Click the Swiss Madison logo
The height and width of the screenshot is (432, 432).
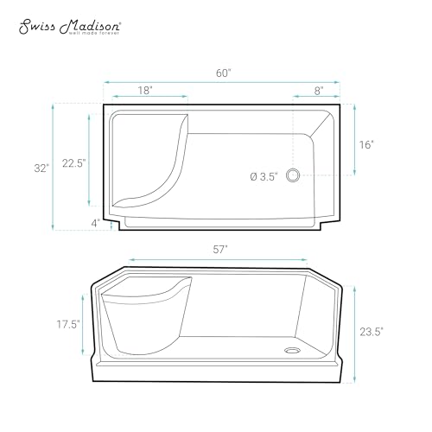click(70, 27)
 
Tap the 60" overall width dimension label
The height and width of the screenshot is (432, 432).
click(224, 73)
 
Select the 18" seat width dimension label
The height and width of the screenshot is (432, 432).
click(145, 91)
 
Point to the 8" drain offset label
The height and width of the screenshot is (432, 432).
click(318, 91)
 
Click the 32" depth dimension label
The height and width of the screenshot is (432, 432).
click(41, 168)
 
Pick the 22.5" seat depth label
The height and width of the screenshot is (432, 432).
click(74, 163)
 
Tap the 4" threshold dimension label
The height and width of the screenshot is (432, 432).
click(96, 223)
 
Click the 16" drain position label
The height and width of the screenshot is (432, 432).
click(366, 144)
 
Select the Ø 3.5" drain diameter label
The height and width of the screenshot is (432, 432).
click(264, 176)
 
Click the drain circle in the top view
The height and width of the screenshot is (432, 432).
click(293, 175)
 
